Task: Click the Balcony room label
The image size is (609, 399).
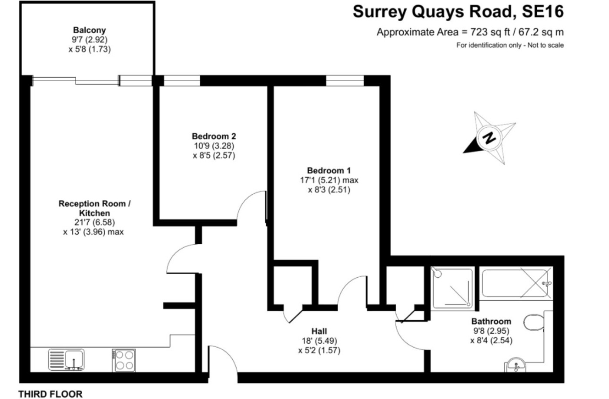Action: pos(90,30)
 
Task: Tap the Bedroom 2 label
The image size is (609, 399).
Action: pos(214,136)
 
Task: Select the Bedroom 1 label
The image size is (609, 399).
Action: pos(329,170)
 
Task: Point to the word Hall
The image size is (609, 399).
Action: pos(319,331)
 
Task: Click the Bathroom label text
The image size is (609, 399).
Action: pos(491,322)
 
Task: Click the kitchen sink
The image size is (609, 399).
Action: pos(66,360)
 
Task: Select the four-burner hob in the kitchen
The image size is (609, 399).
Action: pos(124,360)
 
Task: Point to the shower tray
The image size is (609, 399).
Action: pos(452,289)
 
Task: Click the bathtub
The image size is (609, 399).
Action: pos(515,283)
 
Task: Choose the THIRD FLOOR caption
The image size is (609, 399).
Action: pos(50,394)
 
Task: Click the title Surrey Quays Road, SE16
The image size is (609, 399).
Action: pos(458,12)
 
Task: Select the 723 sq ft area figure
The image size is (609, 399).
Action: pos(490,32)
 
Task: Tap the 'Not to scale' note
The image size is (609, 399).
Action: pos(545,45)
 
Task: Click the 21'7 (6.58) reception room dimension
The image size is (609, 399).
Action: pos(95,223)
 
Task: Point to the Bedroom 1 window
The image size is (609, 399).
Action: pos(345,81)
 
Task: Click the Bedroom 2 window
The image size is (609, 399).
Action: pos(182,81)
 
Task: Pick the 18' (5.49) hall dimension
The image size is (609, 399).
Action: pos(319,341)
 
